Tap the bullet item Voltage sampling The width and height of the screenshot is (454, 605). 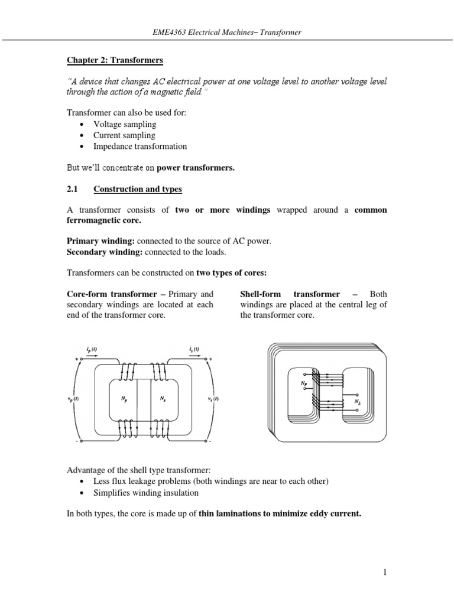pos(124,124)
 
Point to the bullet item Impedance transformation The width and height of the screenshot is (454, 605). pos(140,146)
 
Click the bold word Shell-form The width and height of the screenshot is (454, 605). pos(261,294)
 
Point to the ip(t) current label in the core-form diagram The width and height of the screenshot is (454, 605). pos(93,350)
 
